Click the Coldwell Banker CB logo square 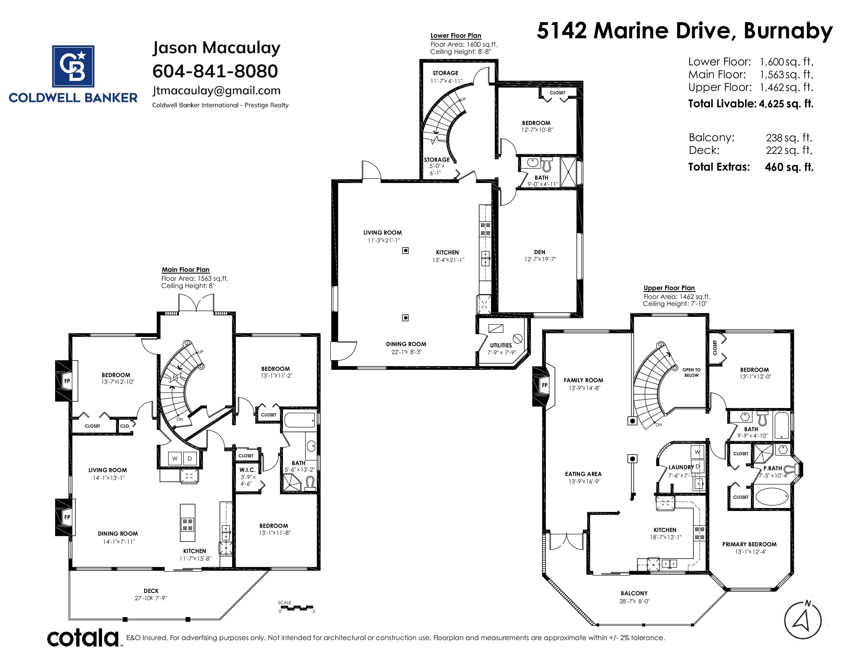pyautogui.click(x=73, y=66)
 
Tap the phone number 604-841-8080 pyautogui.click(x=215, y=71)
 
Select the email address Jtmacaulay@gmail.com pyautogui.click(x=216, y=91)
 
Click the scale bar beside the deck pyautogui.click(x=297, y=608)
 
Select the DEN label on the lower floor pyautogui.click(x=540, y=252)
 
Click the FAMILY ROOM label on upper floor pyautogui.click(x=583, y=380)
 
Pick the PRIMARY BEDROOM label pyautogui.click(x=749, y=544)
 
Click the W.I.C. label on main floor pyautogui.click(x=247, y=470)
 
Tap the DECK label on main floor pyautogui.click(x=151, y=591)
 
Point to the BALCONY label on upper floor pyautogui.click(x=634, y=593)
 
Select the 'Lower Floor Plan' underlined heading pyautogui.click(x=456, y=35)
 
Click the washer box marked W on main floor pyautogui.click(x=175, y=458)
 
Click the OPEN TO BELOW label pyautogui.click(x=691, y=373)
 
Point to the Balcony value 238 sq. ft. pyautogui.click(x=789, y=138)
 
